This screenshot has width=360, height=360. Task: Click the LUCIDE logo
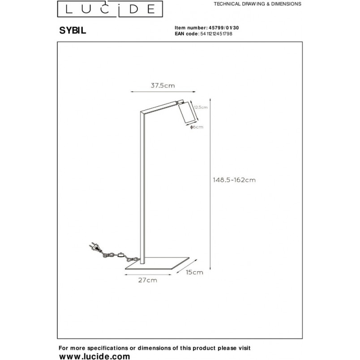[110, 9]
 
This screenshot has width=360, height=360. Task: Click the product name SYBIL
[73, 30]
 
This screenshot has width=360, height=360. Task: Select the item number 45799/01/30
[223, 28]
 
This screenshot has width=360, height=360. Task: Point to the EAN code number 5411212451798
[216, 34]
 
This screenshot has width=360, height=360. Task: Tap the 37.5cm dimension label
[163, 86]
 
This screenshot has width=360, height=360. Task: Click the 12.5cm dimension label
[201, 107]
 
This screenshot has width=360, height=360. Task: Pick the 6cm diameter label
[197, 127]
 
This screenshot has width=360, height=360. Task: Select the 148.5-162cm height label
[234, 180]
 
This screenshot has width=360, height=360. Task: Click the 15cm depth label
[194, 272]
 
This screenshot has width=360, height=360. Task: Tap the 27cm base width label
[148, 280]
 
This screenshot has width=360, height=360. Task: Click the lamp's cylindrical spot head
[187, 112]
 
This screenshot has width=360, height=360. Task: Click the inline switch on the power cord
[120, 255]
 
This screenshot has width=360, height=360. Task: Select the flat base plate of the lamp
[157, 263]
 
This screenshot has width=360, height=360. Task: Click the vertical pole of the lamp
[142, 188]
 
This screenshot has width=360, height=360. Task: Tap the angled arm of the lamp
[161, 106]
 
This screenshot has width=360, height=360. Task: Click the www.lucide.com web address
[94, 356]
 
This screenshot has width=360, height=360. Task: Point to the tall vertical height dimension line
[210, 184]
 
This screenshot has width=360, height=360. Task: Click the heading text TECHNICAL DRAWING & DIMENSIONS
[257, 4]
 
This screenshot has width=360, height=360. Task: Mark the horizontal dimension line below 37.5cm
[163, 92]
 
